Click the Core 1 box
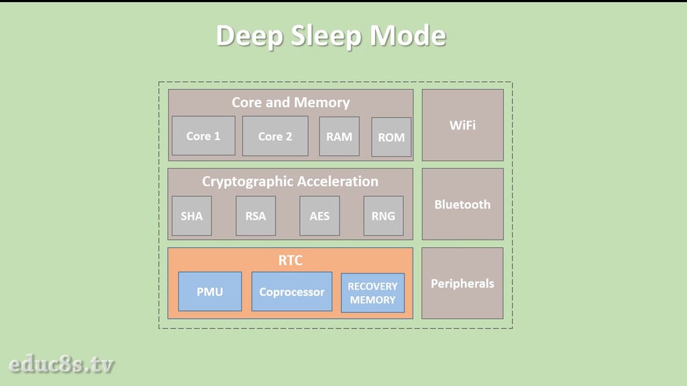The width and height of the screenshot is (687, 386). (203, 136)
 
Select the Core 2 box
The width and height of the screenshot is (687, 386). (275, 136)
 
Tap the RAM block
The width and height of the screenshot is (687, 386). (339, 136)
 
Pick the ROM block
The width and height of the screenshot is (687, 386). (391, 137)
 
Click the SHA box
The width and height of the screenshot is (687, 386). (191, 216)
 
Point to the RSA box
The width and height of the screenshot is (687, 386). (256, 216)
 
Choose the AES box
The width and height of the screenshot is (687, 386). (319, 216)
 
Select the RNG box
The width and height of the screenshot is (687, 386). (383, 216)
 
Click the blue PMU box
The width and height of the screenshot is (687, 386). (209, 292)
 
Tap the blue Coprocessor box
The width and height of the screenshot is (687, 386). (291, 292)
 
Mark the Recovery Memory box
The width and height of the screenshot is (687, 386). (372, 293)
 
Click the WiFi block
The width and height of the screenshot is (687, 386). (462, 125)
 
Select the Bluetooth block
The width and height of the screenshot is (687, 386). (462, 204)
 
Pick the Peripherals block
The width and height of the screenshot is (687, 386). (462, 283)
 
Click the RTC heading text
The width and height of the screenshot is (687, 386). (290, 261)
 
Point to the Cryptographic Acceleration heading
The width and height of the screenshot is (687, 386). (290, 181)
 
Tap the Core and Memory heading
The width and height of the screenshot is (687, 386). (290, 103)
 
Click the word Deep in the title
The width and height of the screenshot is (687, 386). (250, 36)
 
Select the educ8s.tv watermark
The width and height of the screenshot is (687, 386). (62, 365)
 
